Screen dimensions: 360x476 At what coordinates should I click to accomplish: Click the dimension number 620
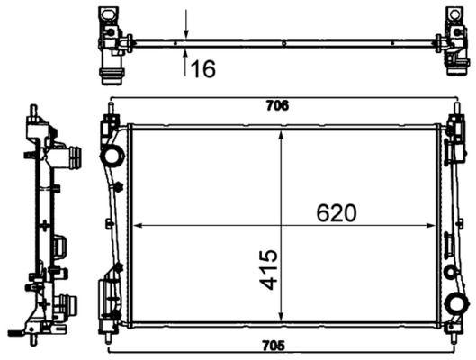tap(337, 212)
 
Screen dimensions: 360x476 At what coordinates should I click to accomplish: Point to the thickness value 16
tap(203, 68)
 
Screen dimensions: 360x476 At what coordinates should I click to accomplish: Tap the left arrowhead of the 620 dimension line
tap(137, 225)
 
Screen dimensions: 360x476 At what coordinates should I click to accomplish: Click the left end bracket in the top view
tap(112, 41)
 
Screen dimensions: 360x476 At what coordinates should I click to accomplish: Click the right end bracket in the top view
tap(454, 41)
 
